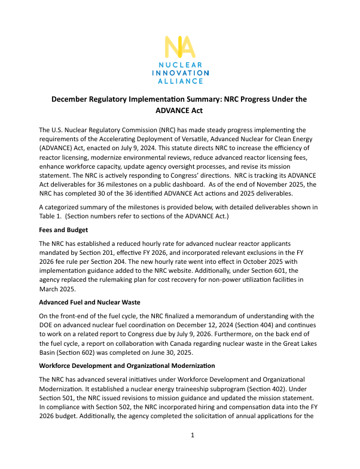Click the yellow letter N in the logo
point(172,47)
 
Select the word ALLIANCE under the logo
point(179,80)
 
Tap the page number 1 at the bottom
point(192,452)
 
